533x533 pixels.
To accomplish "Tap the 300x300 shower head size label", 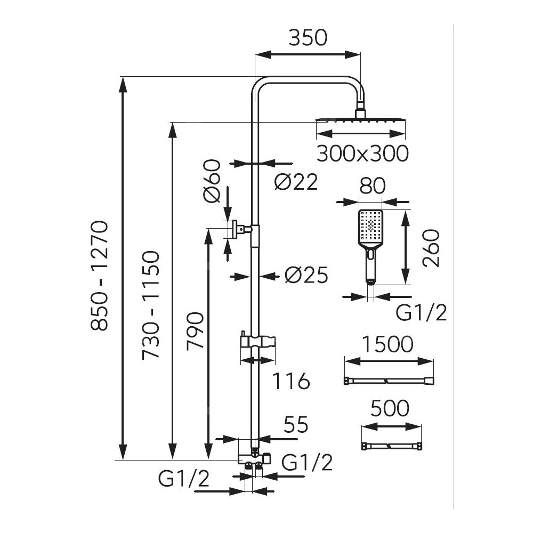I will (x=362, y=154).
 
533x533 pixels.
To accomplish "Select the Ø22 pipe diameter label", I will (x=296, y=182).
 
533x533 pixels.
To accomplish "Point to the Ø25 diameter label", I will (x=305, y=275).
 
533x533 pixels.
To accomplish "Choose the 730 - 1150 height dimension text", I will (x=150, y=305).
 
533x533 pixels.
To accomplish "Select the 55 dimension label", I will (x=296, y=425).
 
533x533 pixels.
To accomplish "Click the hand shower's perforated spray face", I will (x=371, y=227).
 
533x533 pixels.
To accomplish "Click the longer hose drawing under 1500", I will (x=389, y=381).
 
